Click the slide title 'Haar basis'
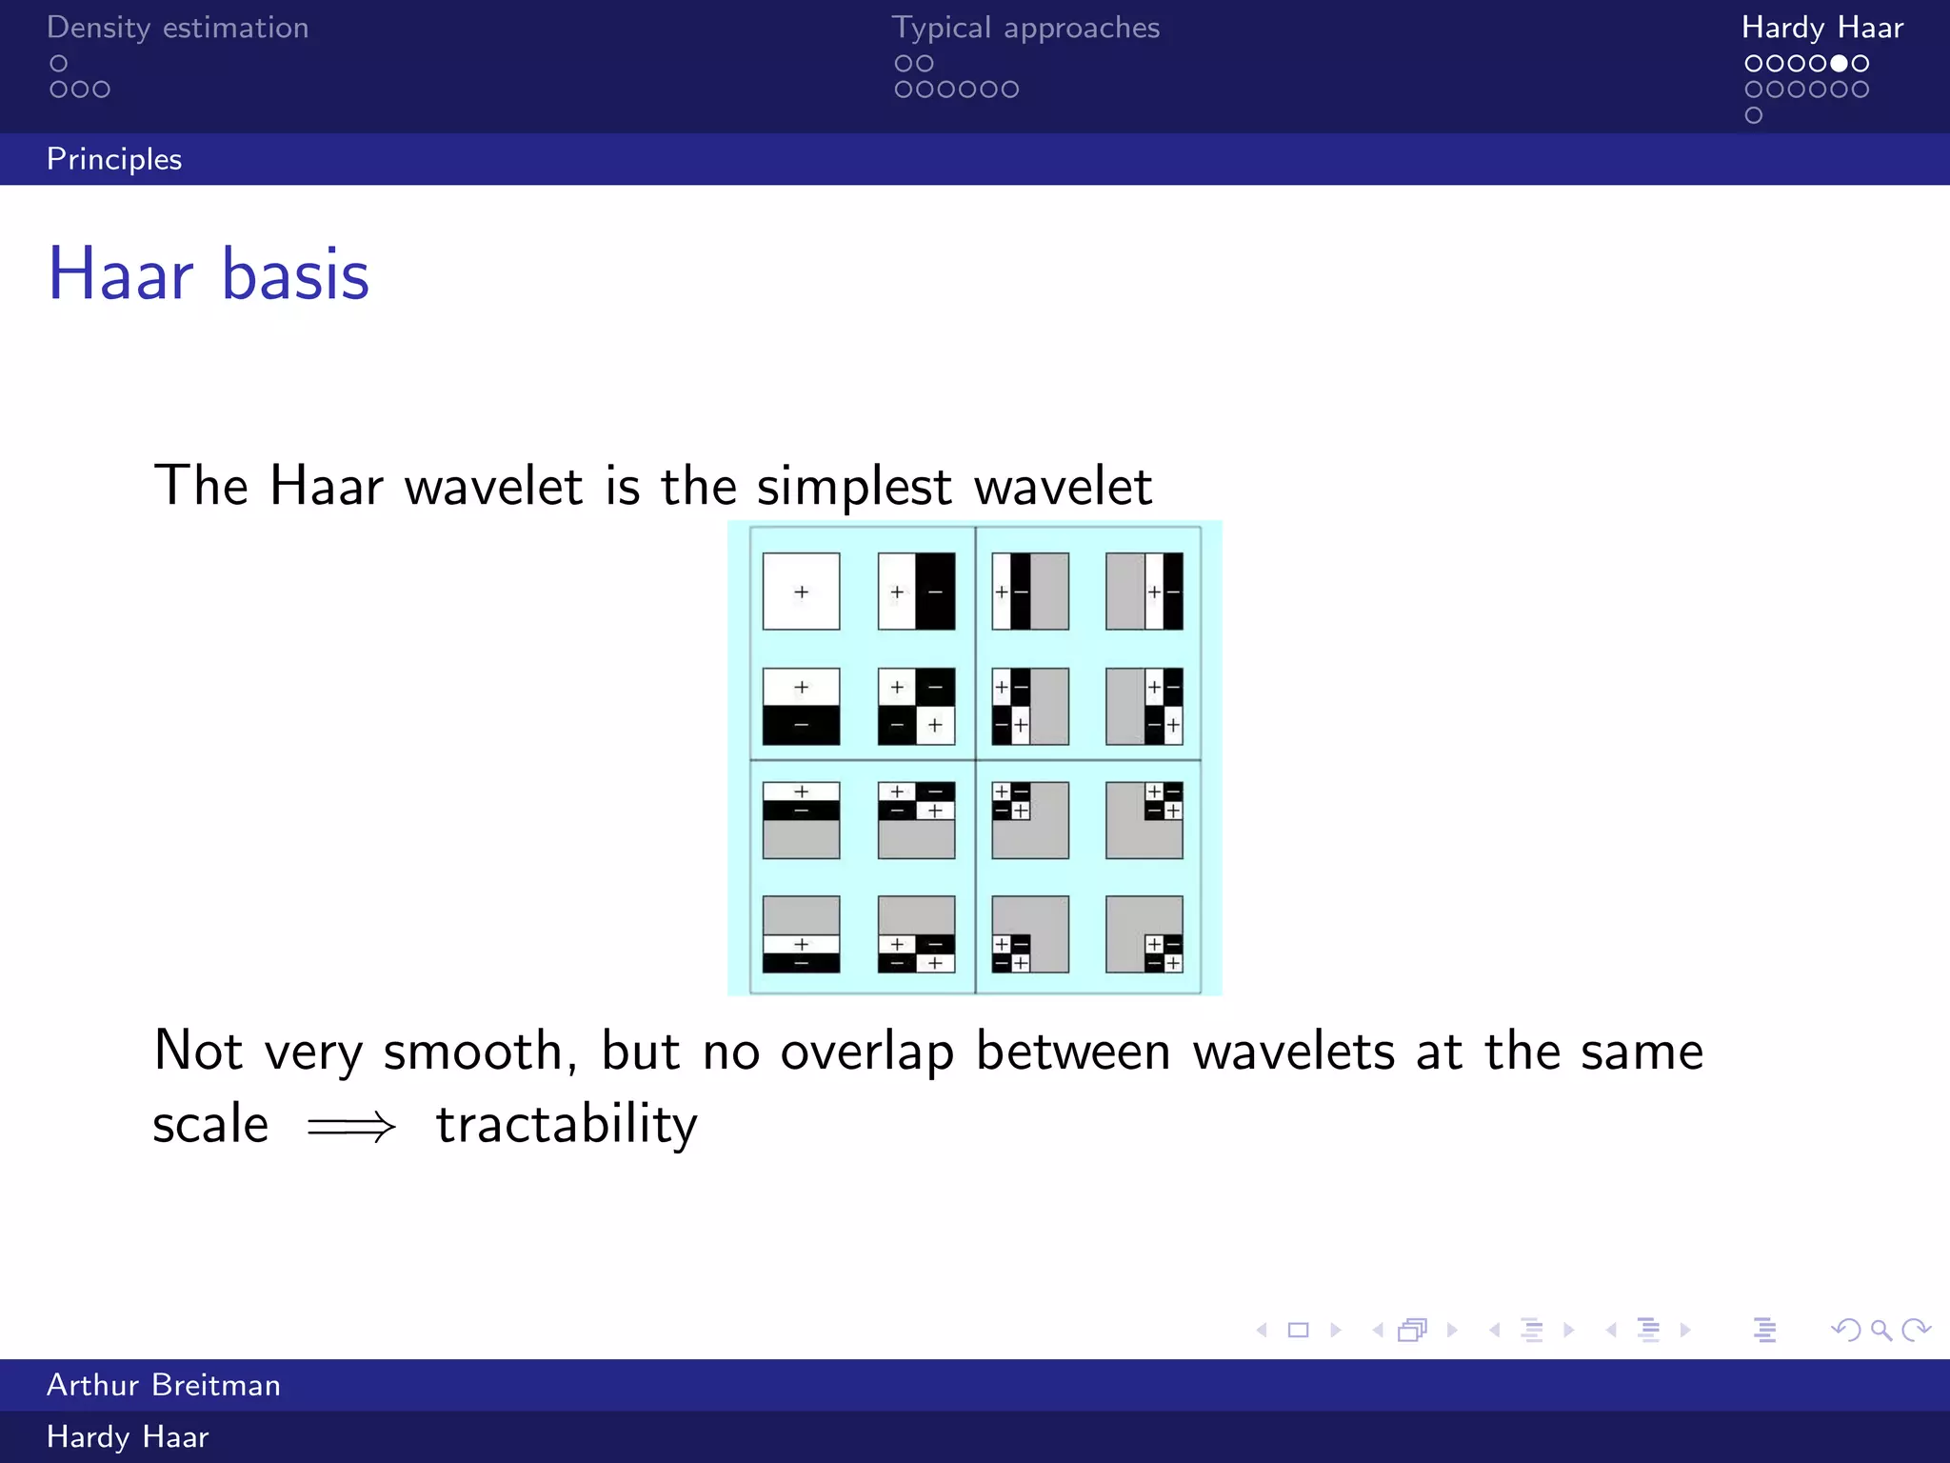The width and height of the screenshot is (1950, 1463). pos(209,274)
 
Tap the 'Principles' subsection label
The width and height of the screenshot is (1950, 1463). pos(114,159)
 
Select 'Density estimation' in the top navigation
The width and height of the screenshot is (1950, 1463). pos(178,28)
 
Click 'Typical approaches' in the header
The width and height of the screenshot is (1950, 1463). pos(1025,28)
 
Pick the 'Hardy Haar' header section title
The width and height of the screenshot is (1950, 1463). pos(1821,28)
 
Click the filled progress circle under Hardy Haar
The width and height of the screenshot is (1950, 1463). pos(1839,64)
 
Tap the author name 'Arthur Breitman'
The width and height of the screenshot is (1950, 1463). pos(164,1384)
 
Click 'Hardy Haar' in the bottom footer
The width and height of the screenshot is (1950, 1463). pos(128,1436)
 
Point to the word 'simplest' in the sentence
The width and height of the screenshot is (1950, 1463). pos(854,487)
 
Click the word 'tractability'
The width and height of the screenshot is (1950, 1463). pos(567,1125)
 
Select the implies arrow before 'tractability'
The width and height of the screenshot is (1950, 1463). pos(351,1127)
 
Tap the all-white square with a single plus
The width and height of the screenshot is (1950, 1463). pos(801,591)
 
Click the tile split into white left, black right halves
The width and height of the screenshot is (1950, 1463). pos(916,591)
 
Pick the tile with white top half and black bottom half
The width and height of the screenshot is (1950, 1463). pos(801,706)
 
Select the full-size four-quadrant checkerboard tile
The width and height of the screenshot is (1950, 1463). pos(916,706)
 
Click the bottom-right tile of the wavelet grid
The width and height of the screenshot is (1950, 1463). pos(1144,934)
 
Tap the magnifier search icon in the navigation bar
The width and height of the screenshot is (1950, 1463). pos(1880,1330)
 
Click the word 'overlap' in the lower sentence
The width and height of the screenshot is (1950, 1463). pos(866,1052)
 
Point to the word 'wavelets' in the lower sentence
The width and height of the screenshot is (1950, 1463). pos(1293,1052)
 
